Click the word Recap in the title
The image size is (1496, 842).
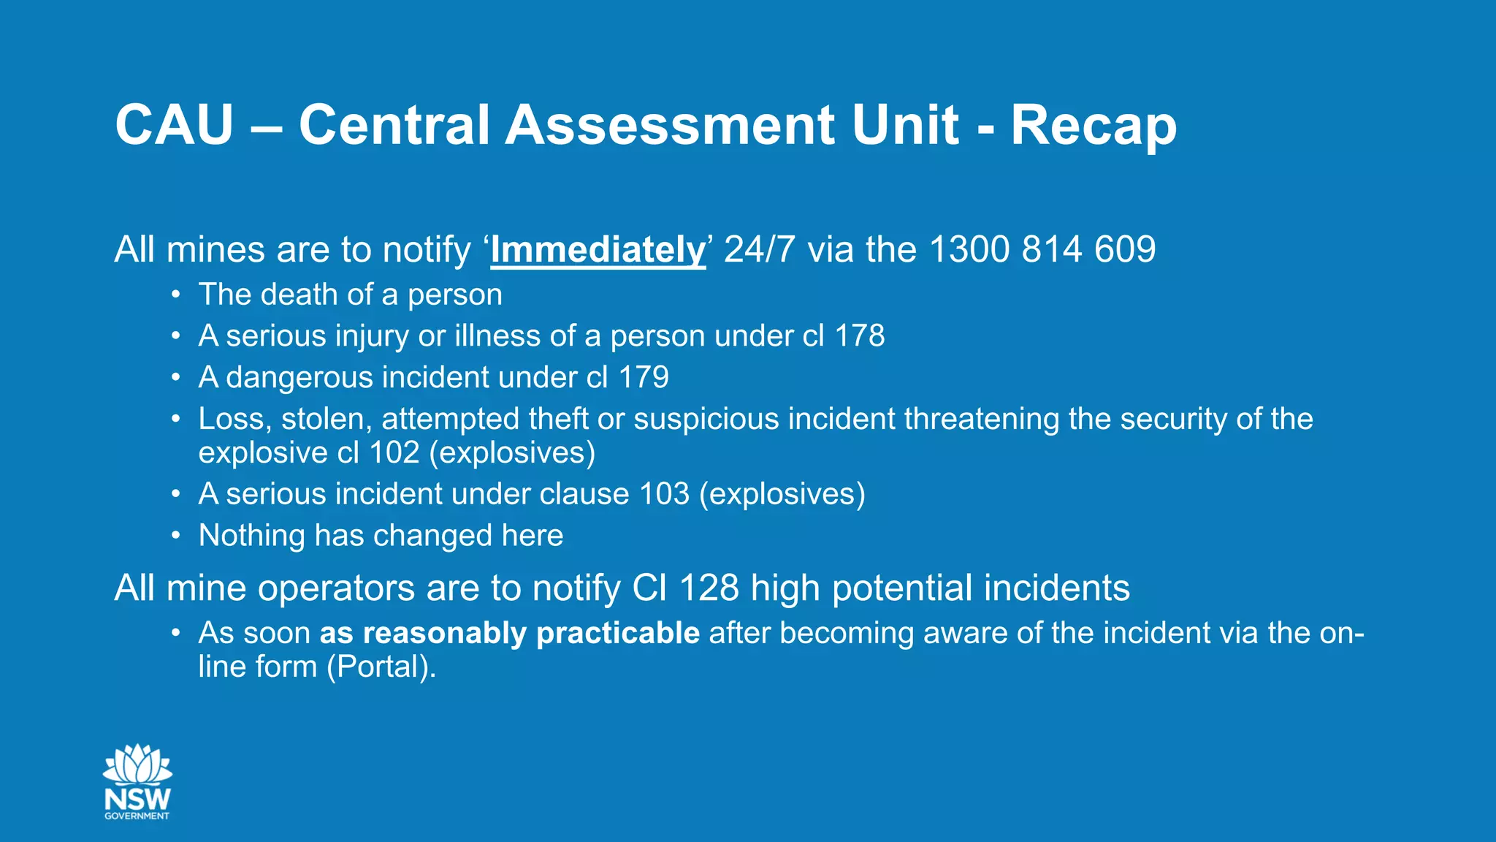pyautogui.click(x=1093, y=126)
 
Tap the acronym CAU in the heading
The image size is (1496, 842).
pyautogui.click(x=174, y=126)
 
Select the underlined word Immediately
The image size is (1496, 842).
pyautogui.click(x=598, y=250)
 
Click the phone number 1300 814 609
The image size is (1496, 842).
pyautogui.click(x=1042, y=250)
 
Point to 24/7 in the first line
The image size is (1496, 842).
pyautogui.click(x=759, y=250)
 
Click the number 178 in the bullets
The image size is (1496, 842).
pyautogui.click(x=860, y=336)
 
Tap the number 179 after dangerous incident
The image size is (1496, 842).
pyautogui.click(x=644, y=378)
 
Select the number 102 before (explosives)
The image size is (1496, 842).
pyautogui.click(x=394, y=453)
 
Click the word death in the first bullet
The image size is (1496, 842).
pyautogui.click(x=299, y=295)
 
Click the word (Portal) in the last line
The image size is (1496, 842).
pyautogui.click(x=380, y=667)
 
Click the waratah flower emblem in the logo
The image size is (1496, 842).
pyautogui.click(x=137, y=765)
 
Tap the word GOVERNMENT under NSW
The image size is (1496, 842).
pyautogui.click(x=137, y=816)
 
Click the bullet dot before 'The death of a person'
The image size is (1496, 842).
pyautogui.click(x=175, y=295)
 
